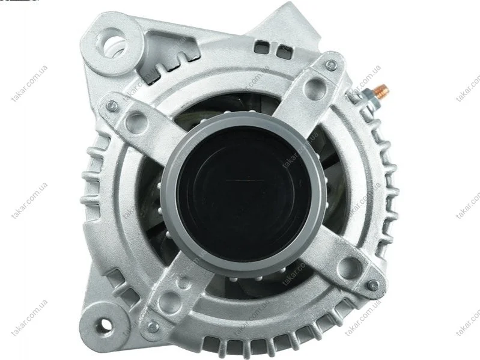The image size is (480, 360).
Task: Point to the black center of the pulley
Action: [x=244, y=193]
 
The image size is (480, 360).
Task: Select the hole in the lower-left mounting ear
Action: [x=103, y=325]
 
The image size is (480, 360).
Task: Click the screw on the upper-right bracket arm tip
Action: [x=331, y=65]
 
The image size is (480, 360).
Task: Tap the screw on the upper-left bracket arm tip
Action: [x=112, y=106]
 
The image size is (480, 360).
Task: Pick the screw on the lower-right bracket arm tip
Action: [x=372, y=285]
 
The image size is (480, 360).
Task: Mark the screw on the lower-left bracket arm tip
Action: [x=153, y=327]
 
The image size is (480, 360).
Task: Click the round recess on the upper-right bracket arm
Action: [x=315, y=87]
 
